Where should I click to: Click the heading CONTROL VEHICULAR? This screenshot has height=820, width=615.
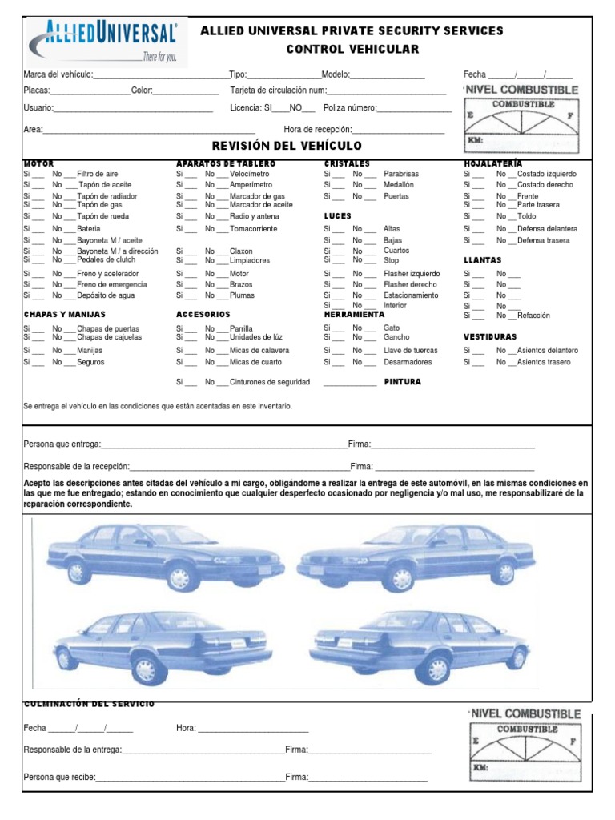coord(352,50)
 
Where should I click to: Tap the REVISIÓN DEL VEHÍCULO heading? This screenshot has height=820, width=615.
coord(286,146)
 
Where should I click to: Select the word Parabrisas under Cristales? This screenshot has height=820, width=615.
coord(401,174)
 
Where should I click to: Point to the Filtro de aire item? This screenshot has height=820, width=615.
coord(98,174)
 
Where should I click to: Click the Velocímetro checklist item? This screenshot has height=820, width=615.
coord(250,174)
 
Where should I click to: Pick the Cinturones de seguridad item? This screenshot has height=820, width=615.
coord(270,383)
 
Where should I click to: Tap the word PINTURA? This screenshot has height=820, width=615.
coord(402,383)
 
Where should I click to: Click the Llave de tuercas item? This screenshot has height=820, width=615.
coord(411,351)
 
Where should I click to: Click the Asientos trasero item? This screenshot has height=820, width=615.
coord(545,362)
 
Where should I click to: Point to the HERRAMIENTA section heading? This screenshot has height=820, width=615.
coord(355,315)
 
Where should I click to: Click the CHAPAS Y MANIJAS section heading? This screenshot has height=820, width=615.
coord(64,315)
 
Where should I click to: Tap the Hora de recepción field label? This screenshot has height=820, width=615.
coord(317,130)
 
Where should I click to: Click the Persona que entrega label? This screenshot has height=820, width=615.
coord(62,444)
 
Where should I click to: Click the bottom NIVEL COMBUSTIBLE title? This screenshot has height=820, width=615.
coord(525,713)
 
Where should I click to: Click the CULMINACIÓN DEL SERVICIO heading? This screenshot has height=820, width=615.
coord(89,703)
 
